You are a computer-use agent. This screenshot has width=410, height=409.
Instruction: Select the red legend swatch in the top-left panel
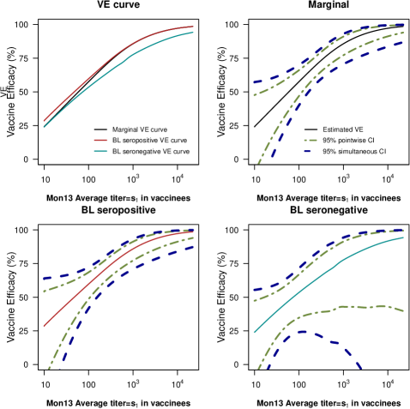coord(100,140)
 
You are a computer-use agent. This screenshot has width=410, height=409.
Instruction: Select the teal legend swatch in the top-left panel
coord(100,151)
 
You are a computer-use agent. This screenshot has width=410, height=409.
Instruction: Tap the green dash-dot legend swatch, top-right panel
coord(311,140)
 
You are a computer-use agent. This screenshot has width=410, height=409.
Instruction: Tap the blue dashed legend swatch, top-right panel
coord(308,151)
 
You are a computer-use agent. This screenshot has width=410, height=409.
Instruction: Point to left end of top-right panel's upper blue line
coord(254,82)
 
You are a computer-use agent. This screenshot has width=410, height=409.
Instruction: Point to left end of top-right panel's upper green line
coord(254,95)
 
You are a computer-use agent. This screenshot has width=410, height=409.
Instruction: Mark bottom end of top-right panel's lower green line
coord(258,162)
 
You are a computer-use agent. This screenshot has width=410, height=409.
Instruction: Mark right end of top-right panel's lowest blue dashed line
coord(403,41)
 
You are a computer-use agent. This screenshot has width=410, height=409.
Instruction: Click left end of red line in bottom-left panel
coord(44,326)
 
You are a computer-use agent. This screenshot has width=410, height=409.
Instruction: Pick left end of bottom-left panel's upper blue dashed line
coord(44,279)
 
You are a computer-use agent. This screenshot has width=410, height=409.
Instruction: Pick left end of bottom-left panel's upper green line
coord(44,292)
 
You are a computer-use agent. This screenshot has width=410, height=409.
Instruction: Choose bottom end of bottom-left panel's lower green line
coord(50,369)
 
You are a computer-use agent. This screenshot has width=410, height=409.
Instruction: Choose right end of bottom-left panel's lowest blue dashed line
coord(194,246)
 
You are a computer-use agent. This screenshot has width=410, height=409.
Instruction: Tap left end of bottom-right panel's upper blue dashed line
coord(254,289)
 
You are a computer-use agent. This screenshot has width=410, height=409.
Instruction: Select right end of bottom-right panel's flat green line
coord(403,310)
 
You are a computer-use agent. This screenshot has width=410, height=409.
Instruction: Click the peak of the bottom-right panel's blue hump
coord(302,331)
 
